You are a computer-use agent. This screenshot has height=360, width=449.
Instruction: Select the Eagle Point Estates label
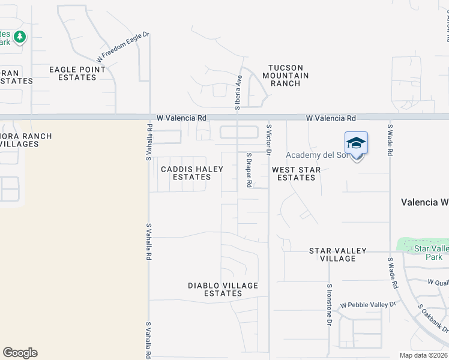click(x=77, y=73)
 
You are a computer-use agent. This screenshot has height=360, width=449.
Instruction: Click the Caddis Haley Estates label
click(x=192, y=173)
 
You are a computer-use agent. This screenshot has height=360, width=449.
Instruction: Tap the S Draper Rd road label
click(x=249, y=170)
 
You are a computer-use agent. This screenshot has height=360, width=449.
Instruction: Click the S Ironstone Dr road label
click(x=330, y=305)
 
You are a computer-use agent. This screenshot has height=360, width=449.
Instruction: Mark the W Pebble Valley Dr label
click(x=369, y=305)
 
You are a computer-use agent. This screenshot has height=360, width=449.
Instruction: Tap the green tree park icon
click(x=20, y=37)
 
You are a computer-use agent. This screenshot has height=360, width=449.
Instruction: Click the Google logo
click(x=20, y=353)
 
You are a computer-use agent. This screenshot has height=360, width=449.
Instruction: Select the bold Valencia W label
click(x=424, y=202)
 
